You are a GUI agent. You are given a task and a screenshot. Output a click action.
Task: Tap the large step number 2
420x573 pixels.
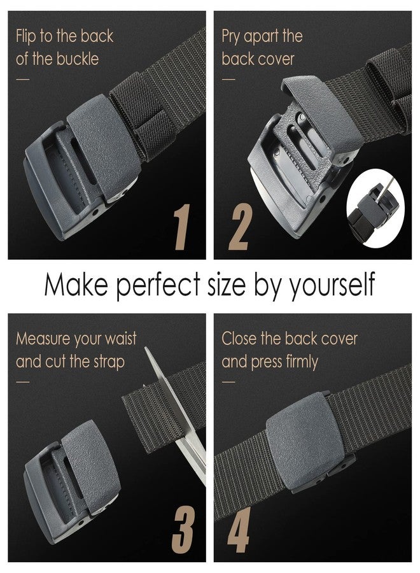click(x=239, y=227)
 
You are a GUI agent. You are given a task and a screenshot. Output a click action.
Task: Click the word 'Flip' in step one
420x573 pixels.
click(x=27, y=36)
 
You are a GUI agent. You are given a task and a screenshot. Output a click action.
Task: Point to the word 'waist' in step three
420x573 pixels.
click(x=120, y=339)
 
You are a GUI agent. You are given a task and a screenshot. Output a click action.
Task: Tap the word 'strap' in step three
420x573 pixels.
click(x=106, y=362)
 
